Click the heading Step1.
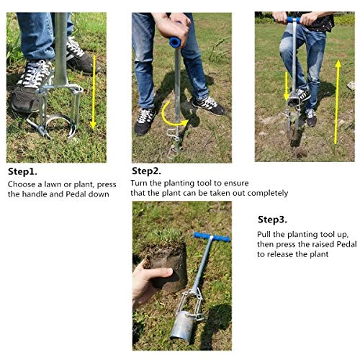[x=22, y=172]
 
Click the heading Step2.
[x=146, y=171]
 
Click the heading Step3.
[x=272, y=220]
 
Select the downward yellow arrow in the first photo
[x=94, y=92]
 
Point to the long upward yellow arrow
[x=338, y=102]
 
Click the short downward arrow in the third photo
[x=287, y=86]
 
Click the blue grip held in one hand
[x=175, y=41]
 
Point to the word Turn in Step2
[x=139, y=183]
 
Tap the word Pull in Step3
[x=264, y=234]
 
